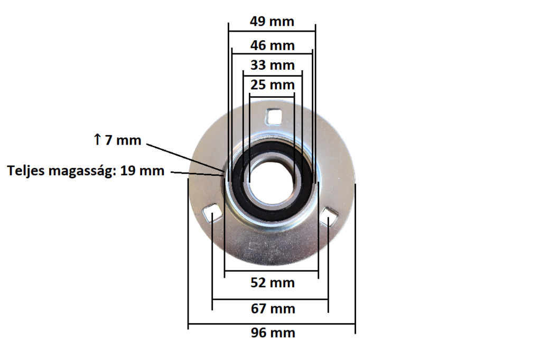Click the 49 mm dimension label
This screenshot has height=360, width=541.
[x=272, y=22]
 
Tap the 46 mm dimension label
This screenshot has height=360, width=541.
[x=272, y=45]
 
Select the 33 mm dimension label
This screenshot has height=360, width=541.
[x=272, y=65]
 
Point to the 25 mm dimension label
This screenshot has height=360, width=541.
[x=272, y=85]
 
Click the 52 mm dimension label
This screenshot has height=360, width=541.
[x=273, y=283]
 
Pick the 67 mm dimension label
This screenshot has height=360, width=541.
[x=273, y=309]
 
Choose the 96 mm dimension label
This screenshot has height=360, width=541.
[x=273, y=333]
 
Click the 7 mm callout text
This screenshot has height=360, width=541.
[x=123, y=140]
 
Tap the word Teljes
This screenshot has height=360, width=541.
[x=26, y=171]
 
